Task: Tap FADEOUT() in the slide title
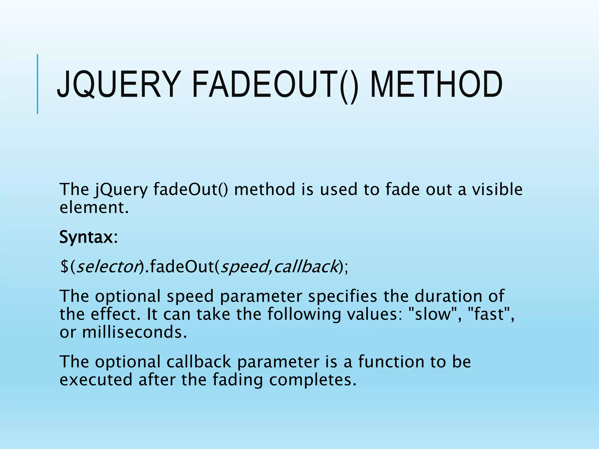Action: [x=275, y=85]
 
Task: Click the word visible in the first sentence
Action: [x=497, y=189]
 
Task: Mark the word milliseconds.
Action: [x=134, y=332]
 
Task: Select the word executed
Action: [x=96, y=379]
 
